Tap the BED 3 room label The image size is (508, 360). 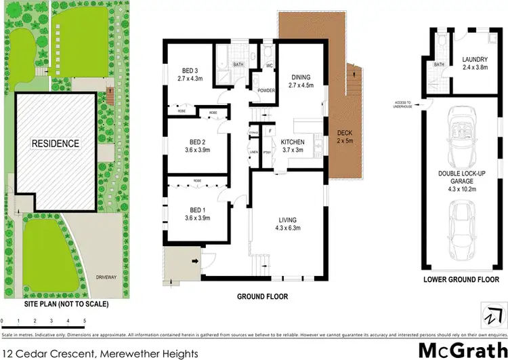190,71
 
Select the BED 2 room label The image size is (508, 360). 195,142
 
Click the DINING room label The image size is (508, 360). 300,77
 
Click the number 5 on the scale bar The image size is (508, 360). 85,319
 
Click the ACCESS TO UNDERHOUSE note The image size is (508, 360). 403,104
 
